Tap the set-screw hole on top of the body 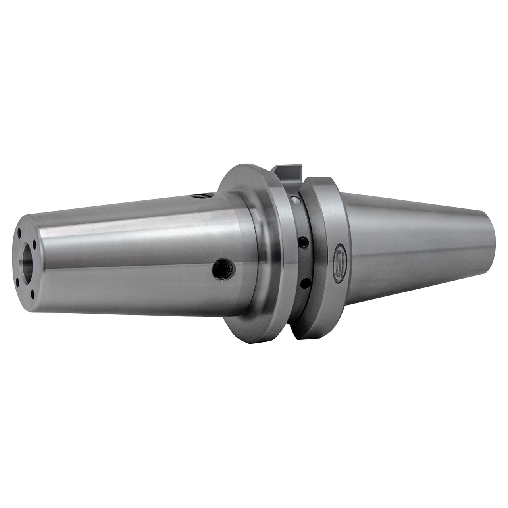[x=201, y=195]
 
